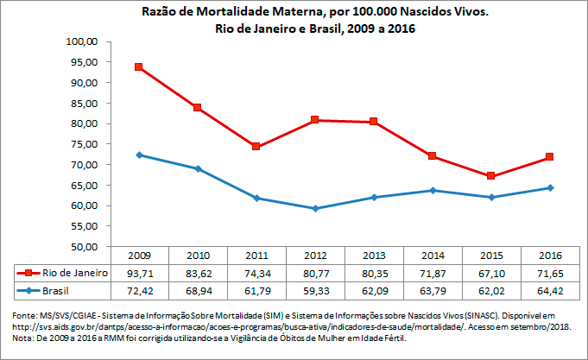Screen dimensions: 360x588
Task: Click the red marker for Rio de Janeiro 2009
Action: coord(138,67)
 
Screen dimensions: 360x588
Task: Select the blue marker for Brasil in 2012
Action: coord(314,208)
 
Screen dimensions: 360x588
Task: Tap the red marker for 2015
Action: coord(490,176)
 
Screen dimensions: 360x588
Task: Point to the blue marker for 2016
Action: coord(549,187)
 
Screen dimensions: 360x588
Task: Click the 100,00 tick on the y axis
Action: coord(85,41)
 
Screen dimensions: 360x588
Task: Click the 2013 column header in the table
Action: coord(373,256)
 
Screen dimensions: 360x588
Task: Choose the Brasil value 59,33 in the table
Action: coord(314,291)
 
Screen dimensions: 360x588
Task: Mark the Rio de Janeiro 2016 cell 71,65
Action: coord(549,273)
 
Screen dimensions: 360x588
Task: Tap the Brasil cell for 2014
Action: coord(432,291)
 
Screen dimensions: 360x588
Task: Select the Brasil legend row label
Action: coord(55,291)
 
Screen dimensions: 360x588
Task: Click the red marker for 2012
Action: coord(314,120)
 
